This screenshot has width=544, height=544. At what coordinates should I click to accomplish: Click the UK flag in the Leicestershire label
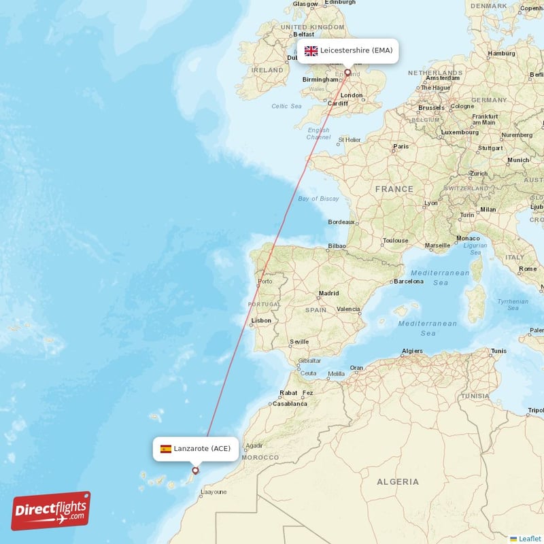(x=311, y=51)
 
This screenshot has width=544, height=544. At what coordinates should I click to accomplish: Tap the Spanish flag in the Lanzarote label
(x=166, y=449)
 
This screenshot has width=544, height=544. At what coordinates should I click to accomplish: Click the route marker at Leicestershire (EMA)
(x=347, y=72)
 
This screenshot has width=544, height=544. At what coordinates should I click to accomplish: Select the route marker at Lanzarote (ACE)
(x=196, y=470)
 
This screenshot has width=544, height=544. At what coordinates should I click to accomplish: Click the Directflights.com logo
(x=51, y=511)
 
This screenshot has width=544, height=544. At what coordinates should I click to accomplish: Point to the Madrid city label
(x=328, y=294)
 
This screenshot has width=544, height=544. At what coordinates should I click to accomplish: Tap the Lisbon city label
(x=261, y=320)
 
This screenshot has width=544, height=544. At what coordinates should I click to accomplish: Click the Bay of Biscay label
(x=318, y=199)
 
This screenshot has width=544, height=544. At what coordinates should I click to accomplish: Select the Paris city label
(x=401, y=146)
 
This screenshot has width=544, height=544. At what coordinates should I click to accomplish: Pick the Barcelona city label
(x=408, y=281)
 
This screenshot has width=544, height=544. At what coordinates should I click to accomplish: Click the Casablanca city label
(x=290, y=403)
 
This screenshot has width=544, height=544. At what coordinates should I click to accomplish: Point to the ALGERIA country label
(x=398, y=481)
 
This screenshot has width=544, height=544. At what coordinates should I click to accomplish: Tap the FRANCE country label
(x=394, y=189)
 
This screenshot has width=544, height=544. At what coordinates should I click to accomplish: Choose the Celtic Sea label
(x=286, y=106)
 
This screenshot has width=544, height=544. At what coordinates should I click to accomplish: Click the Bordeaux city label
(x=341, y=222)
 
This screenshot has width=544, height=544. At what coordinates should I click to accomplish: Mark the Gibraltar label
(x=309, y=360)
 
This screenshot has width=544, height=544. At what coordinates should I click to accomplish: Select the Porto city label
(x=265, y=281)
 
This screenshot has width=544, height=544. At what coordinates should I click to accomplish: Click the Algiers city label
(x=412, y=351)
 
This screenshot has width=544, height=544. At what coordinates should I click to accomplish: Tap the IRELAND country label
(x=267, y=70)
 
